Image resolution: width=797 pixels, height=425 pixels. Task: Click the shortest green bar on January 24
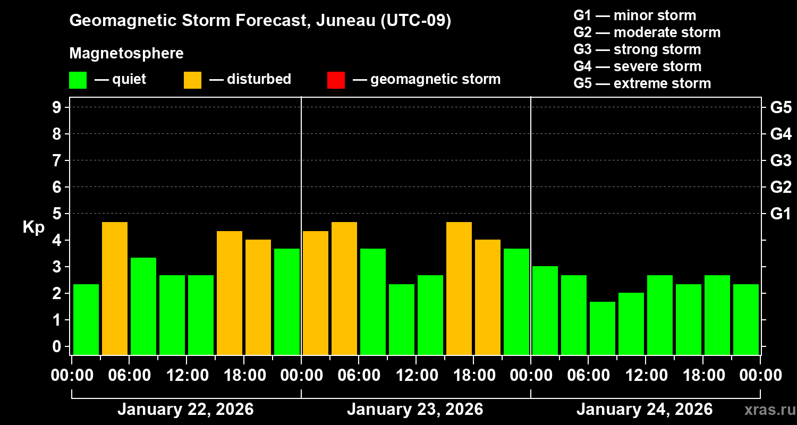603,328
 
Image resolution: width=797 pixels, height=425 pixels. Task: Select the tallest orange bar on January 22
115,288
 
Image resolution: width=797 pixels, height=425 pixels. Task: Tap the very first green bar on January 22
86,319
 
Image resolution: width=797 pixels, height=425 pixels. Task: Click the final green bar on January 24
746,319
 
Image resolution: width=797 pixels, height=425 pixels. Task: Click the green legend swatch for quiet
78,80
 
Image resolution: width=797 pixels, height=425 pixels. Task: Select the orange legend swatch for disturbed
192,80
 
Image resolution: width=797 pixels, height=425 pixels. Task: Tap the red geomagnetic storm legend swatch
336,80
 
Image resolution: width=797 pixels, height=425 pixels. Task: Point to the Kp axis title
33,227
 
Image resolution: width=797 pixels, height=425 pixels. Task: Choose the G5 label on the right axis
781,107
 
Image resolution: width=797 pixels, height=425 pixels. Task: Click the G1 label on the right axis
781,214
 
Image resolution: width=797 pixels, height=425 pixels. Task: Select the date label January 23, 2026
415,410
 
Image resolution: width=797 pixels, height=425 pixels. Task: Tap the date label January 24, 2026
645,410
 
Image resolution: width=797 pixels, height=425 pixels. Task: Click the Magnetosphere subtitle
126,54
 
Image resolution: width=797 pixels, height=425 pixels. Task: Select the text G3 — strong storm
637,49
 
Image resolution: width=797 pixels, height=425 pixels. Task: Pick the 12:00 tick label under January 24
645,376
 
